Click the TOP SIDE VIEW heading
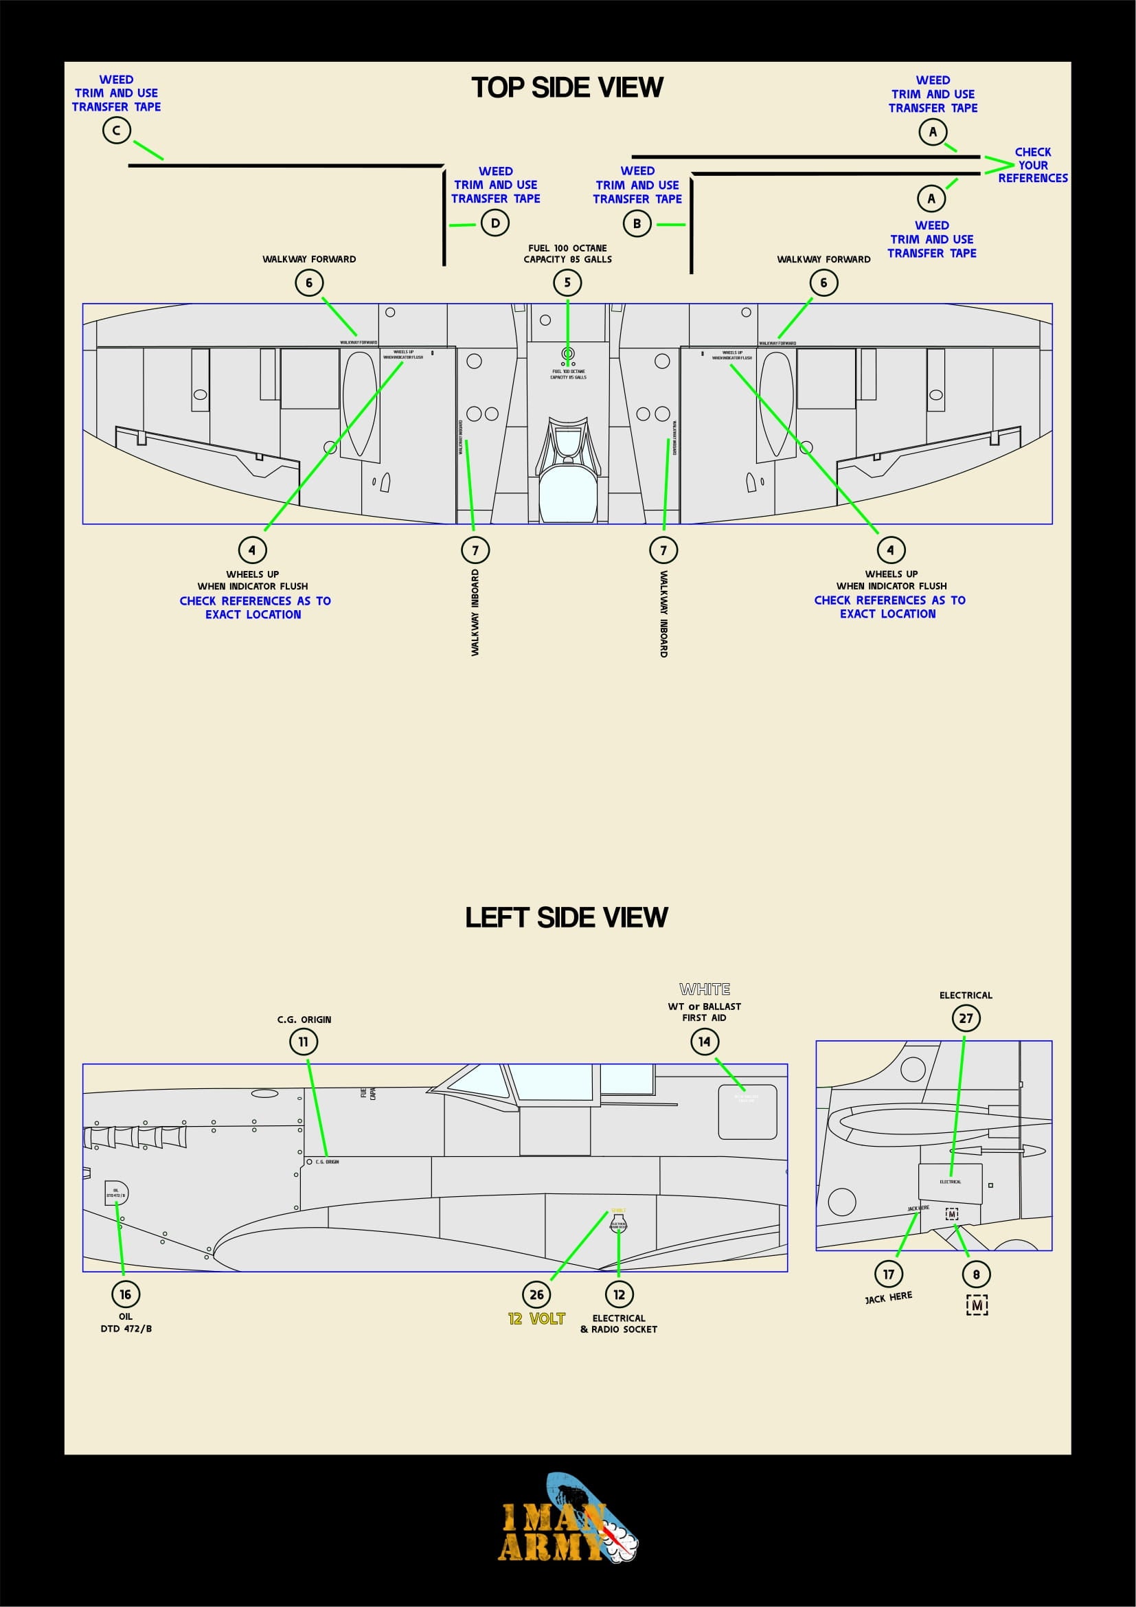[x=567, y=87]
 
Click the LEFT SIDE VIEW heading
[x=566, y=917]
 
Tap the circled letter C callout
[x=116, y=130]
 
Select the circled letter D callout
[x=495, y=223]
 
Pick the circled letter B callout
[x=637, y=224]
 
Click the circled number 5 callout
[x=567, y=283]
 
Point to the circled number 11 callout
[x=303, y=1042]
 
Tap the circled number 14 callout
[x=705, y=1042]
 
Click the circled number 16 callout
[x=125, y=1294]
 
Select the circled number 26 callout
[x=536, y=1294]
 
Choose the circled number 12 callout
[x=619, y=1294]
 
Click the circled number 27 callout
[x=966, y=1018]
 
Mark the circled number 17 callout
[x=888, y=1274]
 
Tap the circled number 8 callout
[x=977, y=1274]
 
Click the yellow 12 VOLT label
[x=536, y=1318]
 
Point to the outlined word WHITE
[x=705, y=989]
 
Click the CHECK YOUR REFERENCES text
[x=1032, y=165]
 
